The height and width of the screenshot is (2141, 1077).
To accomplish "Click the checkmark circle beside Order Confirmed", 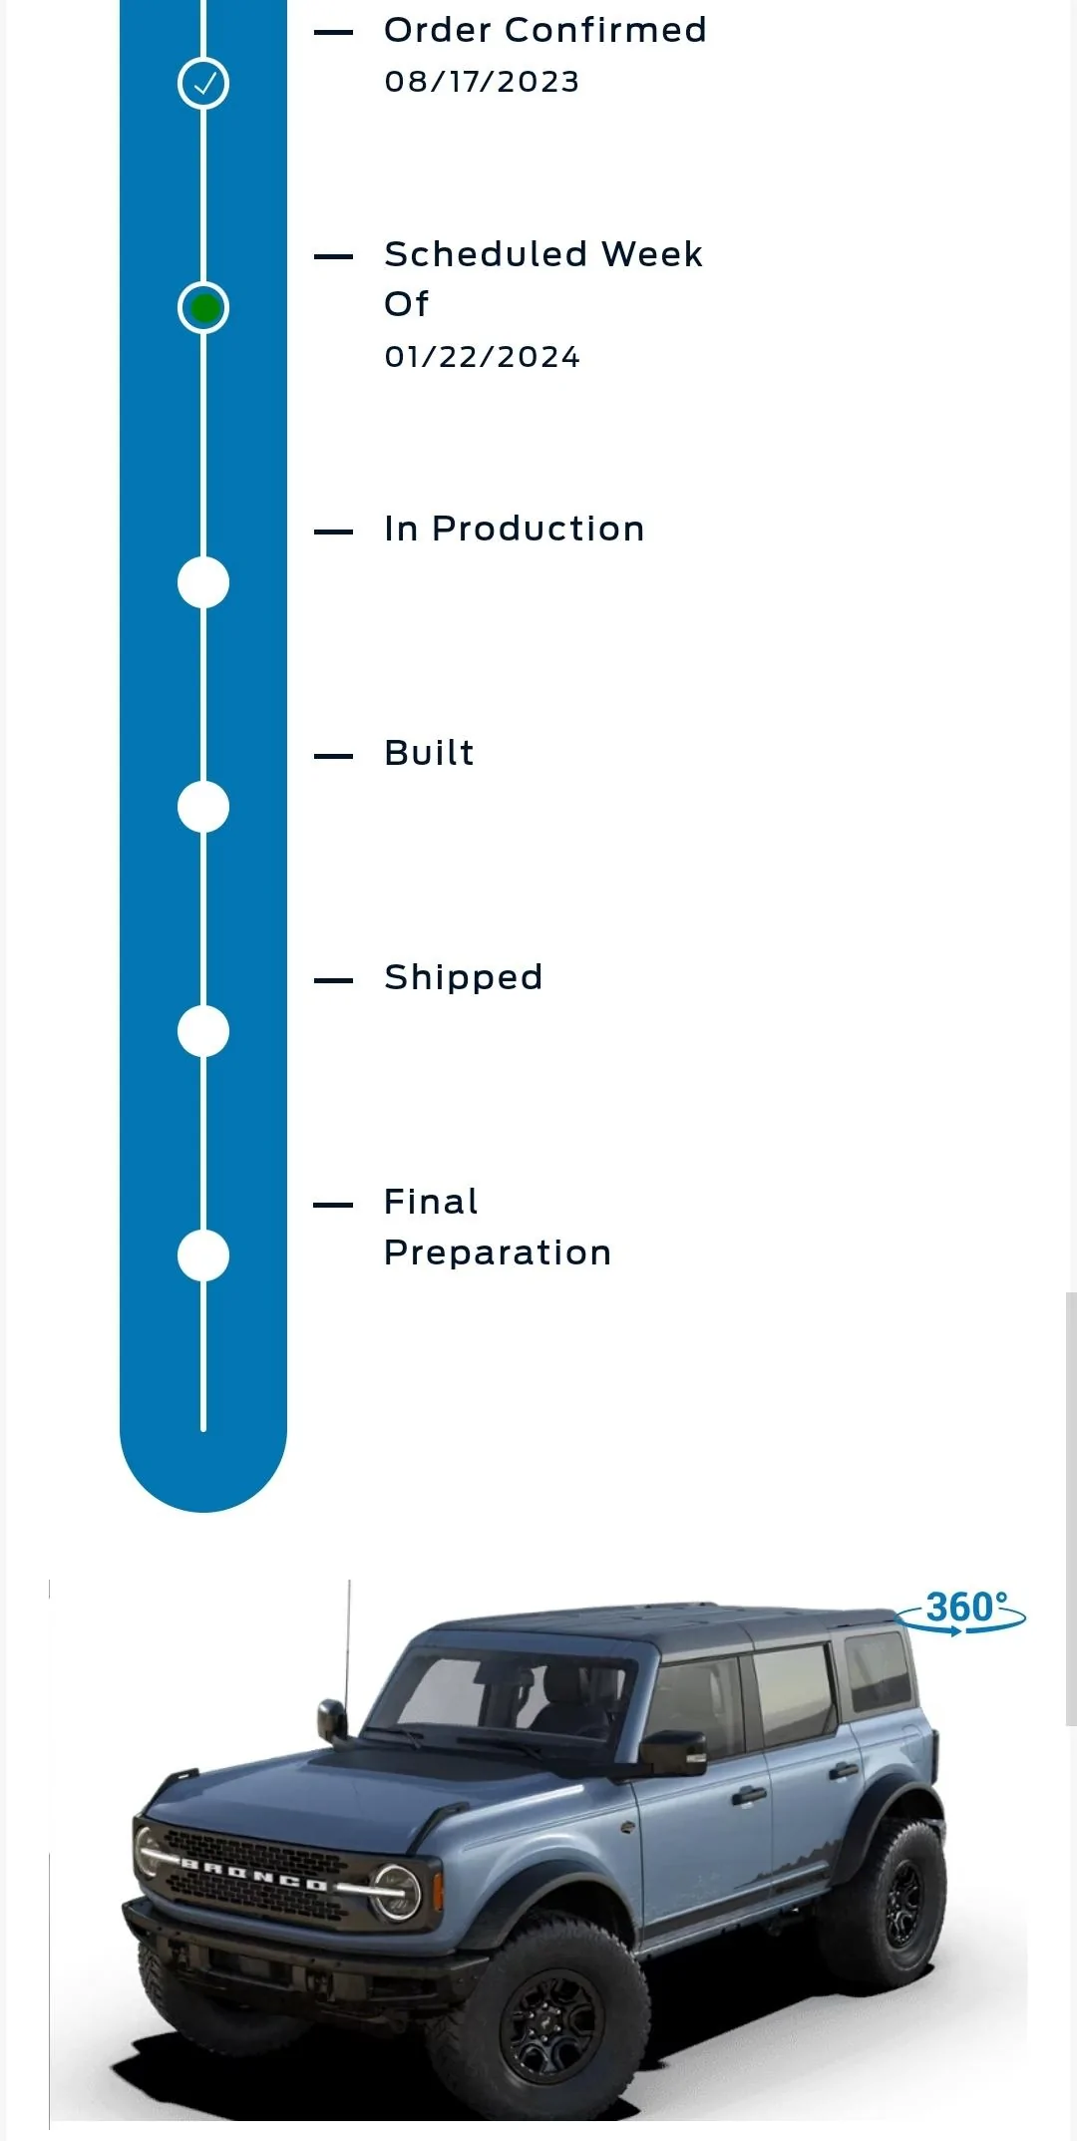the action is tap(203, 84).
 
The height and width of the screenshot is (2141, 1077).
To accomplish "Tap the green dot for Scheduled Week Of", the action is tap(203, 308).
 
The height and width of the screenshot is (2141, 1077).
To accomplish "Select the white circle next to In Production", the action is tap(203, 582).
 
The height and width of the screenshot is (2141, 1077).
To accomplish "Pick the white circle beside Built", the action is tap(203, 807).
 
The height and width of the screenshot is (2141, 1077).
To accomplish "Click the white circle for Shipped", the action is tap(203, 1031).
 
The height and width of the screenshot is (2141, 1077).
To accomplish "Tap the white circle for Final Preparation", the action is tap(203, 1255).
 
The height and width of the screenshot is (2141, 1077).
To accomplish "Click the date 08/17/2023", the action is tap(482, 82).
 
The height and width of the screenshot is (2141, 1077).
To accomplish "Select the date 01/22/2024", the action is tap(482, 357).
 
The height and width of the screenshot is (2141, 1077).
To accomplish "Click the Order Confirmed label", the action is tap(545, 30).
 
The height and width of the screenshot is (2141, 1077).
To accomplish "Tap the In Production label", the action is tap(515, 529).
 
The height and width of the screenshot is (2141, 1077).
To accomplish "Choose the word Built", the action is tap(430, 753).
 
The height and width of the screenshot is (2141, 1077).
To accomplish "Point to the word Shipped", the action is tap(464, 978).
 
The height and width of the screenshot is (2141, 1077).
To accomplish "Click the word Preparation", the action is tap(498, 1252).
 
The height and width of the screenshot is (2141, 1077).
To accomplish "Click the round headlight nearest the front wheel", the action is tap(395, 1892).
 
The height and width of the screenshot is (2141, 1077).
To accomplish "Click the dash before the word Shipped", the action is tap(333, 980).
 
